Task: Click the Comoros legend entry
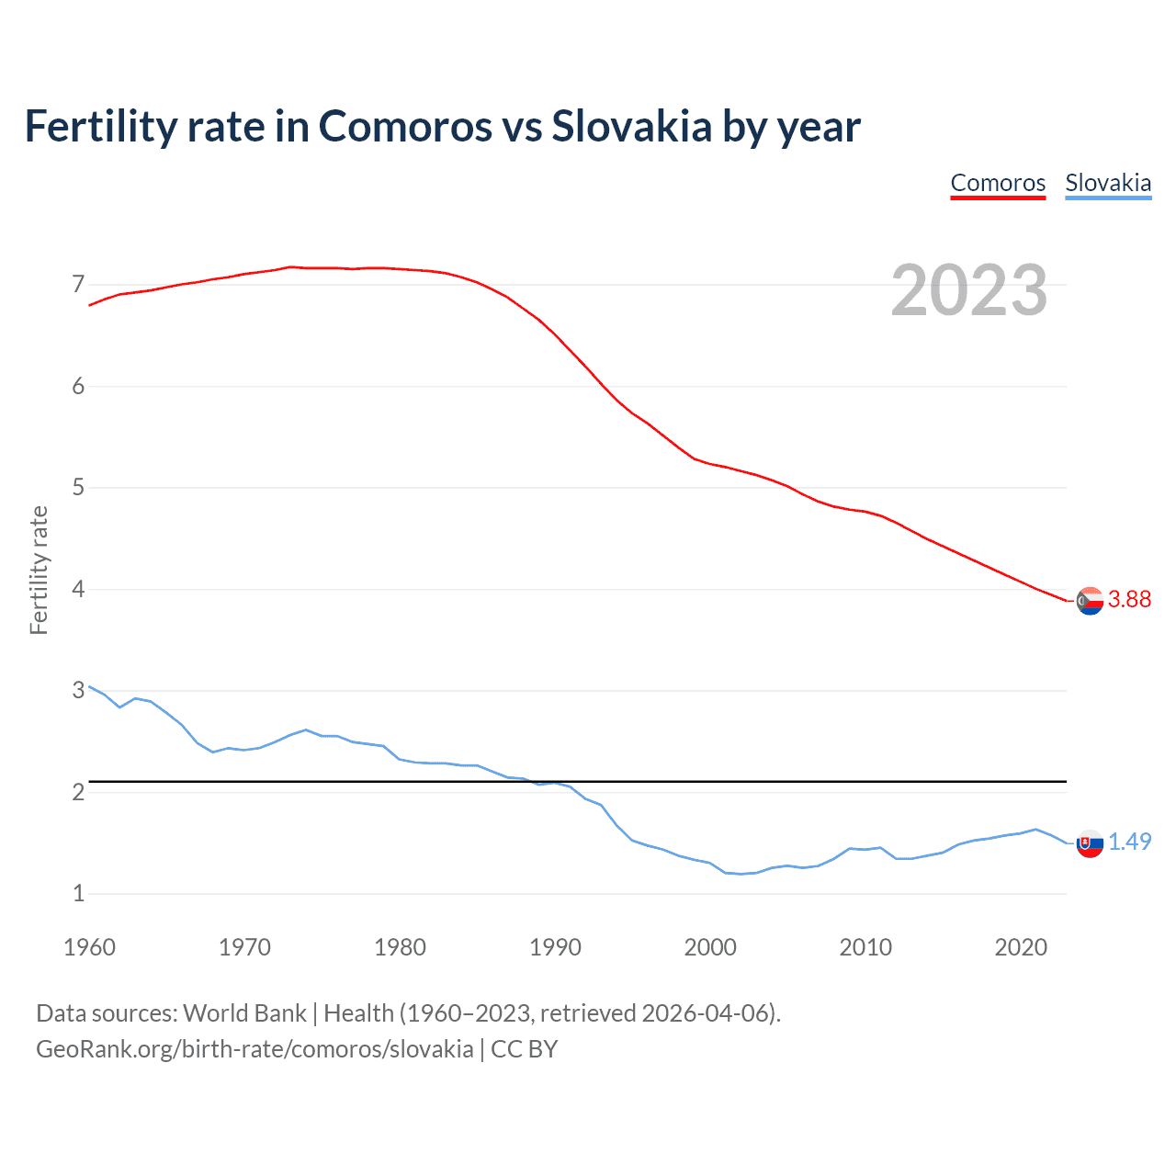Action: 998,183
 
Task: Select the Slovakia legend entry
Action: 1108,183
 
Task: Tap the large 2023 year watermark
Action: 969,290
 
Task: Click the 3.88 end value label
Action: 1129,599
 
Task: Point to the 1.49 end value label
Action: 1129,842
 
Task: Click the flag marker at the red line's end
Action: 1090,601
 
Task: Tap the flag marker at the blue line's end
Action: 1090,843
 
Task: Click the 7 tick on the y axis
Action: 78,284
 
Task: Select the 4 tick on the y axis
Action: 78,589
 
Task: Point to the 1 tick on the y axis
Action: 78,893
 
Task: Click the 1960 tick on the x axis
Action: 89,947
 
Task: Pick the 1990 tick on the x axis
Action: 555,947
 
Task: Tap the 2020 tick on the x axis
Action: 1021,947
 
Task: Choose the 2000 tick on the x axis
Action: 710,947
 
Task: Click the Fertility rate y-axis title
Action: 39,570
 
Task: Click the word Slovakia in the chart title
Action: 631,126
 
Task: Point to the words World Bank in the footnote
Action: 244,1013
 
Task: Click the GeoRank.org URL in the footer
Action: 254,1049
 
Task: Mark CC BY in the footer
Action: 525,1049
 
